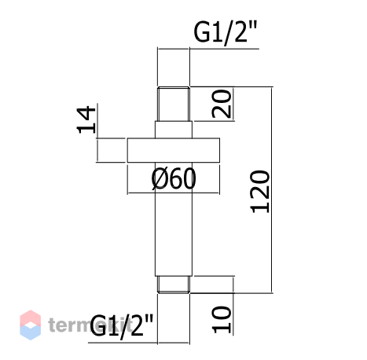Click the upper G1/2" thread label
[226, 32]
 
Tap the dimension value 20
[222, 104]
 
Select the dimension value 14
[86, 119]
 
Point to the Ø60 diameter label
[174, 178]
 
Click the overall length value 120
[260, 192]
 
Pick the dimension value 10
[222, 320]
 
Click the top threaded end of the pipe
[174, 104]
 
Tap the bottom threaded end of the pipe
[174, 285]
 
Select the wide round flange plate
[174, 150]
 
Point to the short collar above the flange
[174, 130]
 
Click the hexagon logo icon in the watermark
[31, 325]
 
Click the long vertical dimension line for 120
[272, 189]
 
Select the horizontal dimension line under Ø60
[174, 193]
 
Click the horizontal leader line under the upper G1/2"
[208, 49]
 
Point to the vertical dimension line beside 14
[97, 132]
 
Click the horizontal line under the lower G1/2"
[139, 343]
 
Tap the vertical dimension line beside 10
[233, 306]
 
